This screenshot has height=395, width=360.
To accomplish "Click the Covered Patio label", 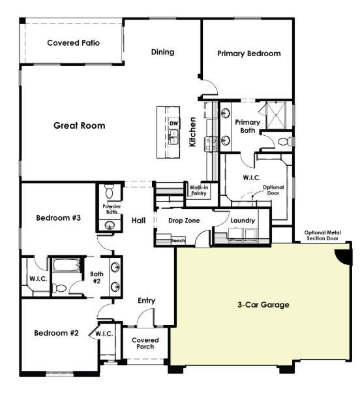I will (72, 43).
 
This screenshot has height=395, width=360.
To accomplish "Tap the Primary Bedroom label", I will (248, 54).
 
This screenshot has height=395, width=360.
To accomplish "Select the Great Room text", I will (79, 125).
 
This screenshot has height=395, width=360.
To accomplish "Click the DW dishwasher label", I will (173, 123).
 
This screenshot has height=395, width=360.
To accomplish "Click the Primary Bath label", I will (247, 126).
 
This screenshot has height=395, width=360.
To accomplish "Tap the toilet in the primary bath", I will (284, 141).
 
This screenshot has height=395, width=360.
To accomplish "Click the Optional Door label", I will (273, 190).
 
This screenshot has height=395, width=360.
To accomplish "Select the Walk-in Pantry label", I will (198, 190).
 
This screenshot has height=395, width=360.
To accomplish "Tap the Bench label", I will (178, 241).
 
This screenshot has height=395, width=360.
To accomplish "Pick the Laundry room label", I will (243, 220).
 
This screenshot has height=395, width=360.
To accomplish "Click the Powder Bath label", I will (110, 209).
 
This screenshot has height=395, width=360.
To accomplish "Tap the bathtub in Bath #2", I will (65, 266).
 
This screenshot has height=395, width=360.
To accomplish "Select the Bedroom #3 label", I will (58, 217).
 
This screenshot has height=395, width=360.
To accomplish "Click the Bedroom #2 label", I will (57, 333).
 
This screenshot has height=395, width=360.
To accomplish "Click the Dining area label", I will (162, 52).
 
